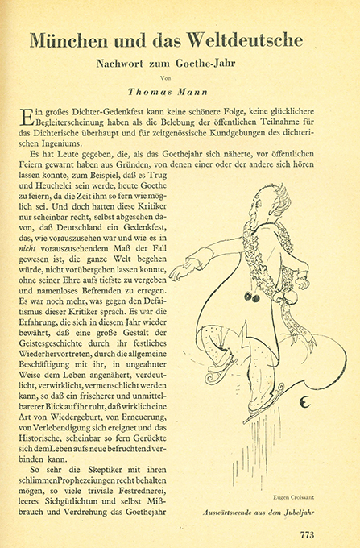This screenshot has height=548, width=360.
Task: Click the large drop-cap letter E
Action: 29,115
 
